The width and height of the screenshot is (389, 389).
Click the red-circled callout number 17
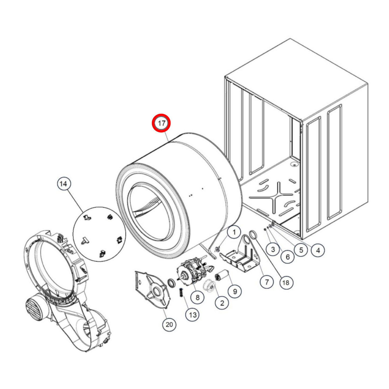(x=161, y=123)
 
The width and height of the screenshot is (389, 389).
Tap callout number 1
(x=234, y=232)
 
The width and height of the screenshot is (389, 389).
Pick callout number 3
(x=273, y=249)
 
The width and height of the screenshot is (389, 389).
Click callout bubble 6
(x=288, y=257)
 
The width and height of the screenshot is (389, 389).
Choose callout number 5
(x=301, y=250)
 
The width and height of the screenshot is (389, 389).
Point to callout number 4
(x=318, y=250)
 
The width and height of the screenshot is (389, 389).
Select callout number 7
(x=267, y=282)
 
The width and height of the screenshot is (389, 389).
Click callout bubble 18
(x=286, y=283)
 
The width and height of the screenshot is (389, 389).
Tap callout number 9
(x=234, y=291)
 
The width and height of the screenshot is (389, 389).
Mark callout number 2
(x=222, y=303)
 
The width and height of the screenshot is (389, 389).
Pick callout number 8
(x=197, y=297)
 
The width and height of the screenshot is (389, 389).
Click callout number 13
(x=192, y=315)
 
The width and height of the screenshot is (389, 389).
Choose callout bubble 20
(x=169, y=324)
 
